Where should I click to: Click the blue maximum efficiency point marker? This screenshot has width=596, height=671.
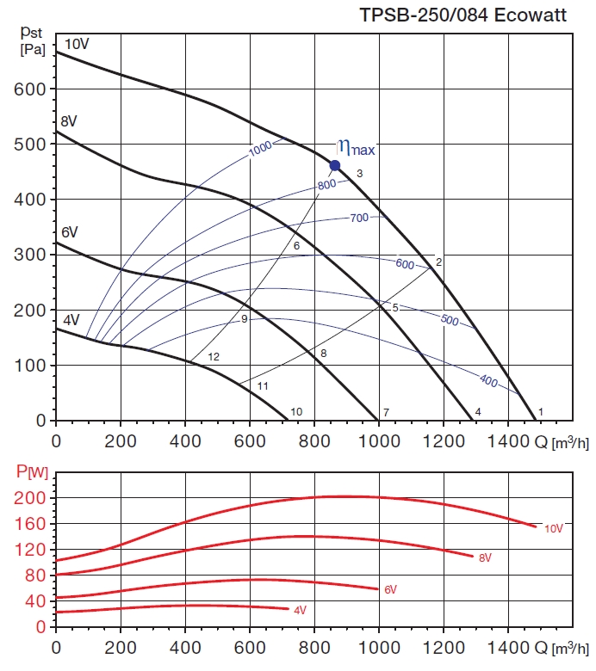pyautogui.click(x=335, y=165)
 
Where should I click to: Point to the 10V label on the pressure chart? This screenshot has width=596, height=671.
pyautogui.click(x=77, y=43)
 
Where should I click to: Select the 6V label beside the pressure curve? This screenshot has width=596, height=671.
pyautogui.click(x=70, y=232)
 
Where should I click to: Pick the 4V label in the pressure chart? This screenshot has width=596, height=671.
pyautogui.click(x=71, y=319)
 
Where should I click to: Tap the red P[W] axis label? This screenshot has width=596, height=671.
pyautogui.click(x=33, y=471)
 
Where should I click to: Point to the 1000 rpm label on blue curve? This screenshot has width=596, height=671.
pyautogui.click(x=260, y=150)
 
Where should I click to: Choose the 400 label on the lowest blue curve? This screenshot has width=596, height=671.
pyautogui.click(x=488, y=380)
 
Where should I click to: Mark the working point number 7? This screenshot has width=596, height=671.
pyautogui.click(x=386, y=412)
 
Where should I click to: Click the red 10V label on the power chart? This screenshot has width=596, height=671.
pyautogui.click(x=553, y=528)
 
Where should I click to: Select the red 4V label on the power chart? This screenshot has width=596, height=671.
pyautogui.click(x=300, y=611)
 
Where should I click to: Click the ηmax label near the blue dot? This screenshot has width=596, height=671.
pyautogui.click(x=356, y=148)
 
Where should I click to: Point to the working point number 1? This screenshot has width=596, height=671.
pyautogui.click(x=541, y=412)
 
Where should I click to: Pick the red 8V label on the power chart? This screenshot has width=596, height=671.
pyautogui.click(x=486, y=558)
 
